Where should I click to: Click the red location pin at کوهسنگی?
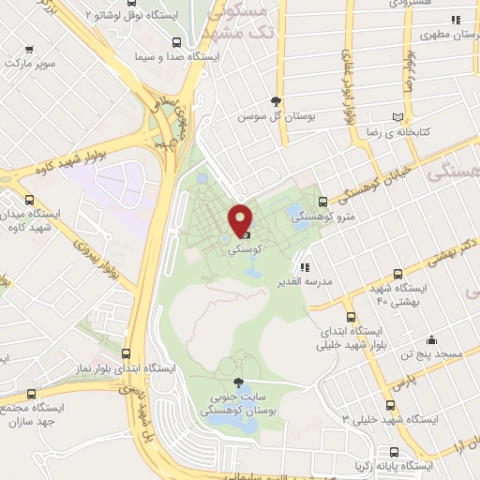pyautogui.click(x=241, y=220)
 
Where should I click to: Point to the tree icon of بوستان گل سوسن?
pyautogui.click(x=274, y=101)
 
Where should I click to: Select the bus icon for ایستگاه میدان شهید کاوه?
pyautogui.click(x=31, y=200)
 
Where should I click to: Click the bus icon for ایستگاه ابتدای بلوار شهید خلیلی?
pyautogui.click(x=352, y=317)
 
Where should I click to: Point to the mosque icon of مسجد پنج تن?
pyautogui.click(x=431, y=339)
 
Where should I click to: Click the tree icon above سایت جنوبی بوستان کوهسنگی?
pyautogui.click(x=237, y=382)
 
